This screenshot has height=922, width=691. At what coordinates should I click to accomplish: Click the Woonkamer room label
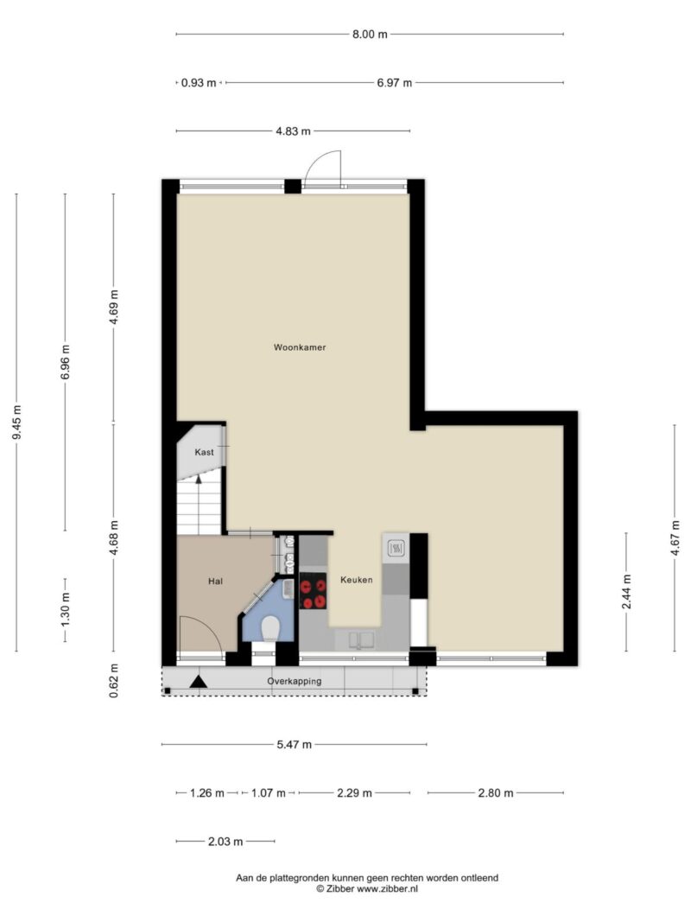(x=300, y=347)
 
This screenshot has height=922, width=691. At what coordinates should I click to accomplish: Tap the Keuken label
(x=357, y=580)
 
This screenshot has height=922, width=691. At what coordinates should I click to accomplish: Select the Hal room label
(x=216, y=582)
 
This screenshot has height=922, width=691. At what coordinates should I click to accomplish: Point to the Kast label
(x=205, y=452)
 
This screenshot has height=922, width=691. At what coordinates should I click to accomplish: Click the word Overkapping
(x=295, y=682)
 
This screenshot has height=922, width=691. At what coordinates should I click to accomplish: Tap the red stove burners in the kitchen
(x=313, y=591)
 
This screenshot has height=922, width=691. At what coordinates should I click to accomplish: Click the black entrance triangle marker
(x=199, y=682)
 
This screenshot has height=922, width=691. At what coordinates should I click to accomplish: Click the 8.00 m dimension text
(x=371, y=34)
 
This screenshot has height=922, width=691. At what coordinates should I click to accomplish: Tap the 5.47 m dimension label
(x=295, y=744)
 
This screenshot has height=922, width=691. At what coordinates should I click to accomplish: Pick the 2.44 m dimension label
(x=626, y=592)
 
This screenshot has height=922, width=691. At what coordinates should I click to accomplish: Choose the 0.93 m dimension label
(x=199, y=83)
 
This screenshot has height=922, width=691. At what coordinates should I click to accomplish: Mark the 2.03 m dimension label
(x=225, y=842)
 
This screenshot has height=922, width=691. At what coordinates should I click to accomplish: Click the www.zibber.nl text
(x=387, y=889)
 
